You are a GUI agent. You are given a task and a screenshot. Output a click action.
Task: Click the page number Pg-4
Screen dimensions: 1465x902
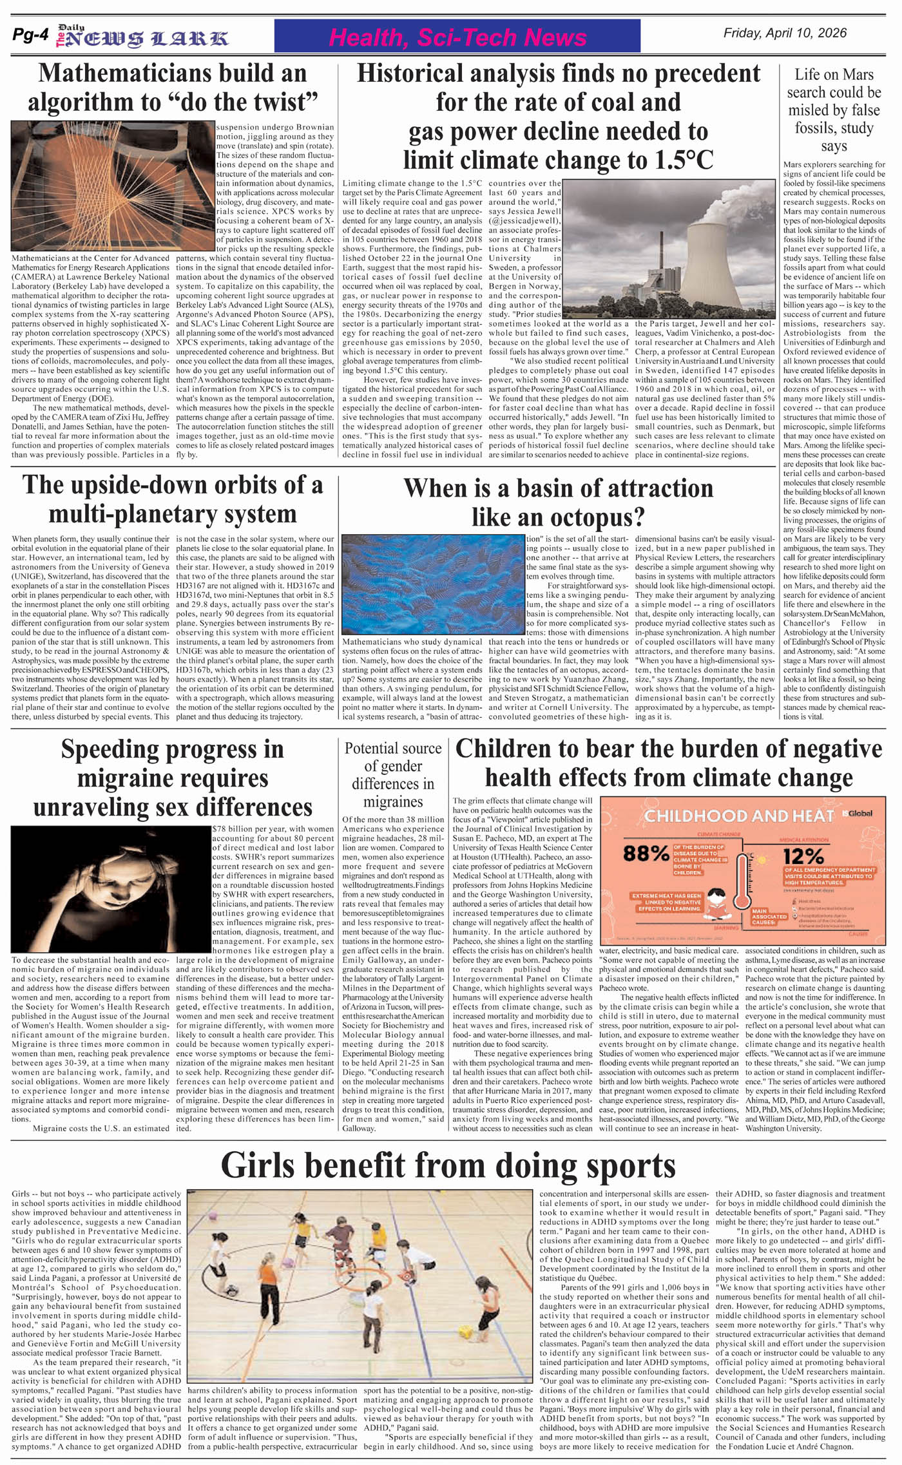click(30, 36)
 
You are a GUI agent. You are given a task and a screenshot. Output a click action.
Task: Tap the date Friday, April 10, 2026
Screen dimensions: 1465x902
click(785, 33)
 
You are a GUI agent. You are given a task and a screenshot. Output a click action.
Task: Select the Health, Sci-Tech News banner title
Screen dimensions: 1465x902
click(457, 38)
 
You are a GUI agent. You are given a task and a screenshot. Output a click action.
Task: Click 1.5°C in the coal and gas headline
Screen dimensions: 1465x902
click(679, 160)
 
